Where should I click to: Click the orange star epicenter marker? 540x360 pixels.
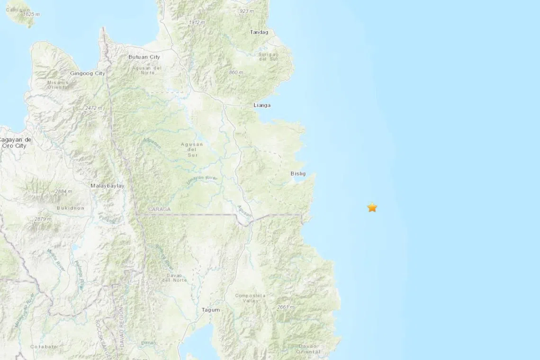(x=372, y=207)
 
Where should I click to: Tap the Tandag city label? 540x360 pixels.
(x=259, y=32)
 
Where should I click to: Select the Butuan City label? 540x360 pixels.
(x=144, y=57)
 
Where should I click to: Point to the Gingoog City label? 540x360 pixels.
(x=88, y=73)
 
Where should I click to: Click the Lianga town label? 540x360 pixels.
(x=262, y=105)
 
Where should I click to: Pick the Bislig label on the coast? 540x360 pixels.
(x=298, y=174)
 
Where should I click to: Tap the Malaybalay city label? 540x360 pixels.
(x=108, y=186)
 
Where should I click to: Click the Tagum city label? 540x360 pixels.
(x=211, y=310)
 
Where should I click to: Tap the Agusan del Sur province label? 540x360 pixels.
(x=192, y=149)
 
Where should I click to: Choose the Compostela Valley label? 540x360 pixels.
(x=251, y=298)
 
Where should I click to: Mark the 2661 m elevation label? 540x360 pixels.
(x=285, y=307)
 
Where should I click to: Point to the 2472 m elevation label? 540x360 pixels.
(x=93, y=108)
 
